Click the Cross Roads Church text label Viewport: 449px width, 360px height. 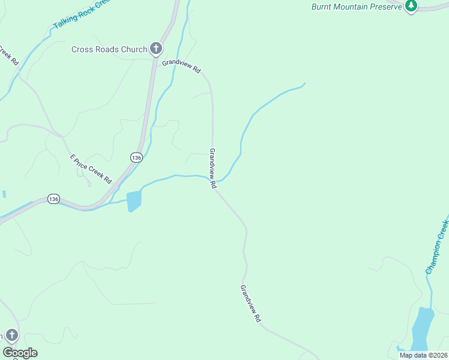pyautogui.click(x=109, y=49)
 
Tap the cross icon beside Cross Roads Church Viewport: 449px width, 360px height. pyautogui.click(x=156, y=49)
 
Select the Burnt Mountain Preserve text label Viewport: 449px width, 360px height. pyautogui.click(x=356, y=7)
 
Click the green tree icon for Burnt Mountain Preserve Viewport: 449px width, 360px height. pyautogui.click(x=411, y=6)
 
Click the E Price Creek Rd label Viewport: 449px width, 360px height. pyautogui.click(x=91, y=169)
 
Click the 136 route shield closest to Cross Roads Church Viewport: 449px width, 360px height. pyautogui.click(x=136, y=157)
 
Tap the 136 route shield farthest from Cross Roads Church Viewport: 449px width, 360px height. pyautogui.click(x=53, y=199)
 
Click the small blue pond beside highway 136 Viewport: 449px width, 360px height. pyautogui.click(x=134, y=200)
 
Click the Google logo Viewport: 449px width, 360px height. pyautogui.click(x=20, y=353)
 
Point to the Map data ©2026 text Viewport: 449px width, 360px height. pyautogui.click(x=423, y=355)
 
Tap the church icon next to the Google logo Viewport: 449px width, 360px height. pyautogui.click(x=12, y=335)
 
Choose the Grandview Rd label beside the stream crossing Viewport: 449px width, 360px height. pyautogui.click(x=212, y=169)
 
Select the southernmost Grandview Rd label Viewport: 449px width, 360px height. pyautogui.click(x=251, y=304)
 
